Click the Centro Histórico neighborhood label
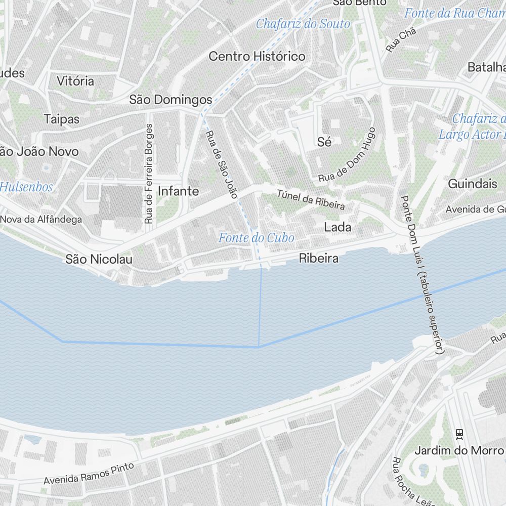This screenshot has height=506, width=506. coord(257,56)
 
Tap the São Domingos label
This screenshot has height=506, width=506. coord(171,99)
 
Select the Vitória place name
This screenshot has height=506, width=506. coord(75,81)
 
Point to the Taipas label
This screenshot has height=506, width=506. coord(62,119)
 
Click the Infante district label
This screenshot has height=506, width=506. coord(178,191)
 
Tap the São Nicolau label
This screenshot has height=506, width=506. coord(99,260)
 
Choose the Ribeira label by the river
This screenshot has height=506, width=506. coord(319,258)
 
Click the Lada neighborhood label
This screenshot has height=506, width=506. coord(338,227)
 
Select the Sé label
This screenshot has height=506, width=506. coord(324,142)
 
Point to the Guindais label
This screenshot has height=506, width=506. coord(473,184)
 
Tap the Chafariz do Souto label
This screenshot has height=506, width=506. coord(303,24)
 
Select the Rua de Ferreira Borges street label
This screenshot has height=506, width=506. coord(148,174)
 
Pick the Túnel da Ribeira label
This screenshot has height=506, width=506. coord(311,199)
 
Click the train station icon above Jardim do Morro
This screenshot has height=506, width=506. coord(459,434)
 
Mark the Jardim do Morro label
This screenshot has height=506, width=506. coord(459,450)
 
